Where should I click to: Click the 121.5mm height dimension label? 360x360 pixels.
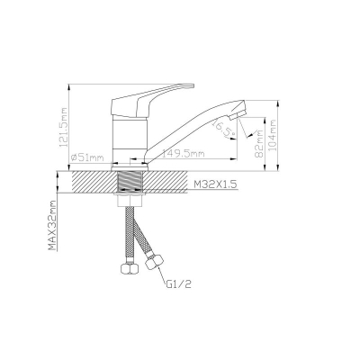[64, 127]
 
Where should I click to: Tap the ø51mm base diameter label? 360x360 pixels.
[87, 157]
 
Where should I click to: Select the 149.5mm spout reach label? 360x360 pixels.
[183, 154]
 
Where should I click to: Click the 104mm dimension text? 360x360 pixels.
[273, 135]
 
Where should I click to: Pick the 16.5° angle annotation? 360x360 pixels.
[222, 129]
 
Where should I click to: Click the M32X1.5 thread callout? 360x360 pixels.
[215, 184]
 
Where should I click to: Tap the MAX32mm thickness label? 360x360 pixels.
[52, 225]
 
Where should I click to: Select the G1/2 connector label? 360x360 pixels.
[179, 283]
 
